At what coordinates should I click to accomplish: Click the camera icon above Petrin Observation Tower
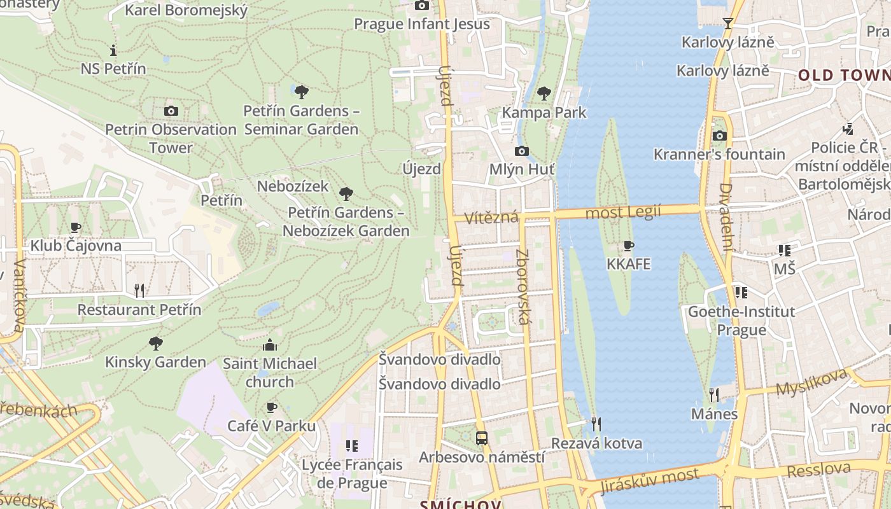tap(171, 111)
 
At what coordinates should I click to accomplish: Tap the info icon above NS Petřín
tap(113, 50)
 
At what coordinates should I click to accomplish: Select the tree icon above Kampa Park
tap(544, 94)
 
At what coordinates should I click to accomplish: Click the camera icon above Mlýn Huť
tap(521, 151)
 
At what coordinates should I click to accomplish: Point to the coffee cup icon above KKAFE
tap(629, 246)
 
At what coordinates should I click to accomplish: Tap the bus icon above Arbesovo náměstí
tap(482, 438)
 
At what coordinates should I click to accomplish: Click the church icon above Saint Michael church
tap(270, 345)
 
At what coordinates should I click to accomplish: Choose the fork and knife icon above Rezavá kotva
tap(596, 424)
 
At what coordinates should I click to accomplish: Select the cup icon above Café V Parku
tap(272, 407)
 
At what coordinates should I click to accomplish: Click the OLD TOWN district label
tap(844, 75)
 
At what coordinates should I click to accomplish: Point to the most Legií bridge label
tap(623, 212)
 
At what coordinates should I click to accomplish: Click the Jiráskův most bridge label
tap(649, 480)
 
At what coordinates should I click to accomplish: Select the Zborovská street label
tap(523, 287)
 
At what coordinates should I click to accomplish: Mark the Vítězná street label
tap(491, 218)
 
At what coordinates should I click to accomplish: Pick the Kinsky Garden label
tap(155, 362)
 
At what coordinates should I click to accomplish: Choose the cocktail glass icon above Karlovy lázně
tap(728, 24)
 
